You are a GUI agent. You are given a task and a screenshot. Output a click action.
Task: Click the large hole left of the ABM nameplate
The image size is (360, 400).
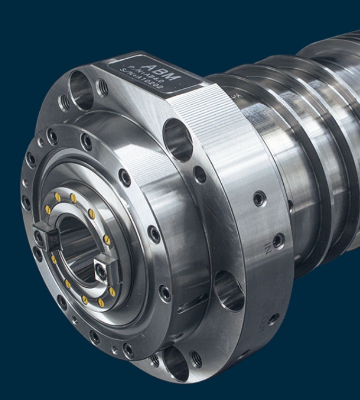click(80, 90)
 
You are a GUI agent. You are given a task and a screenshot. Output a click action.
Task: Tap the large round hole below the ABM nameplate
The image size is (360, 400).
click(177, 139)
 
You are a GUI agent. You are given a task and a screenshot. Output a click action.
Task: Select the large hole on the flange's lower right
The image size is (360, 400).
click(229, 290)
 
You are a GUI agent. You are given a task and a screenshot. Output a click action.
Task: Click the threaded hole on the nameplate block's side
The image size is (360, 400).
click(200, 175)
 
